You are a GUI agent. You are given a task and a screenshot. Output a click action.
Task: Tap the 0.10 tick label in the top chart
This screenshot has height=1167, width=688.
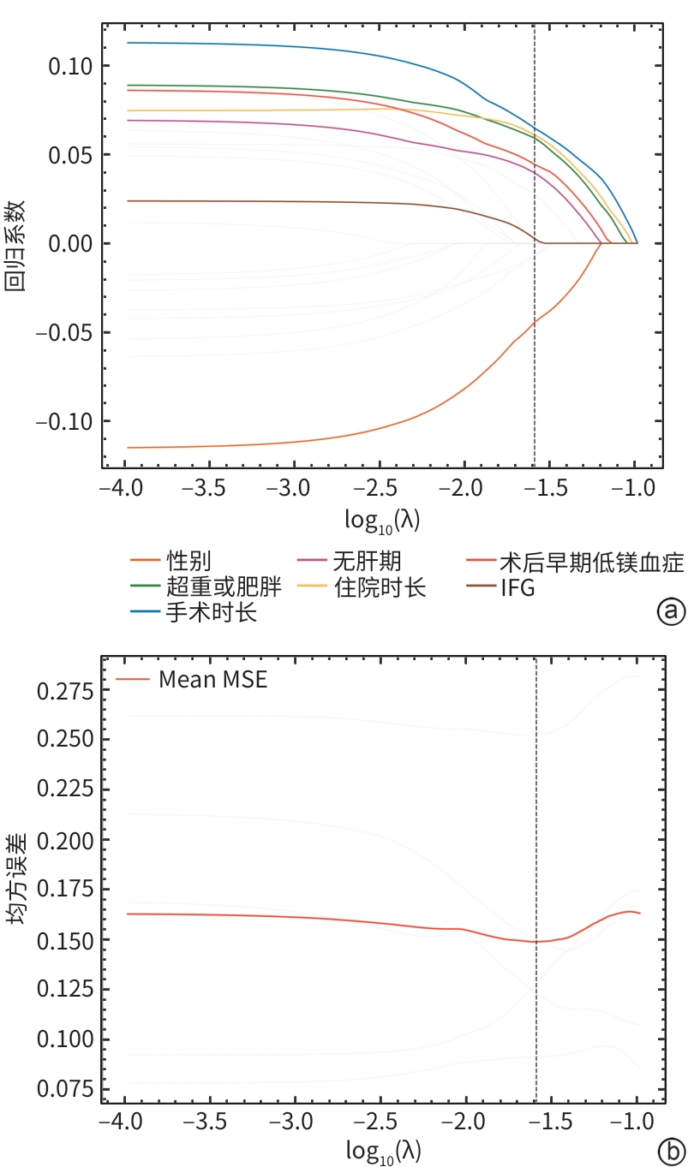point(70,66)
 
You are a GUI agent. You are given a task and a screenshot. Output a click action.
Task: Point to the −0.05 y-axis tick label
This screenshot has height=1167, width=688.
point(64,332)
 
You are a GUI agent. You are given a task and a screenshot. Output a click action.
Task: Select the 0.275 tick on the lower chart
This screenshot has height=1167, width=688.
point(64,692)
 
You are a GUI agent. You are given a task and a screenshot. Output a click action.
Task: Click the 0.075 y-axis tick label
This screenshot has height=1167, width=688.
point(64,1089)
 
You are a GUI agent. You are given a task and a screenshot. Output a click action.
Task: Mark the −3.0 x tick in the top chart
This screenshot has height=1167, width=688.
point(288,488)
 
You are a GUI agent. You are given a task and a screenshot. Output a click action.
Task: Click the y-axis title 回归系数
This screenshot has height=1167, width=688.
point(15,246)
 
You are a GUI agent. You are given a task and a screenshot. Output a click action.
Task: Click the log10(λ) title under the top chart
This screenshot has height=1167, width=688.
point(382,520)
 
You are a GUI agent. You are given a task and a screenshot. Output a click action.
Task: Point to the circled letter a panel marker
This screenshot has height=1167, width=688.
point(671,611)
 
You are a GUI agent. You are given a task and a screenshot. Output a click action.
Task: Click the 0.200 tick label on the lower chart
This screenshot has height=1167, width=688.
point(64,841)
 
